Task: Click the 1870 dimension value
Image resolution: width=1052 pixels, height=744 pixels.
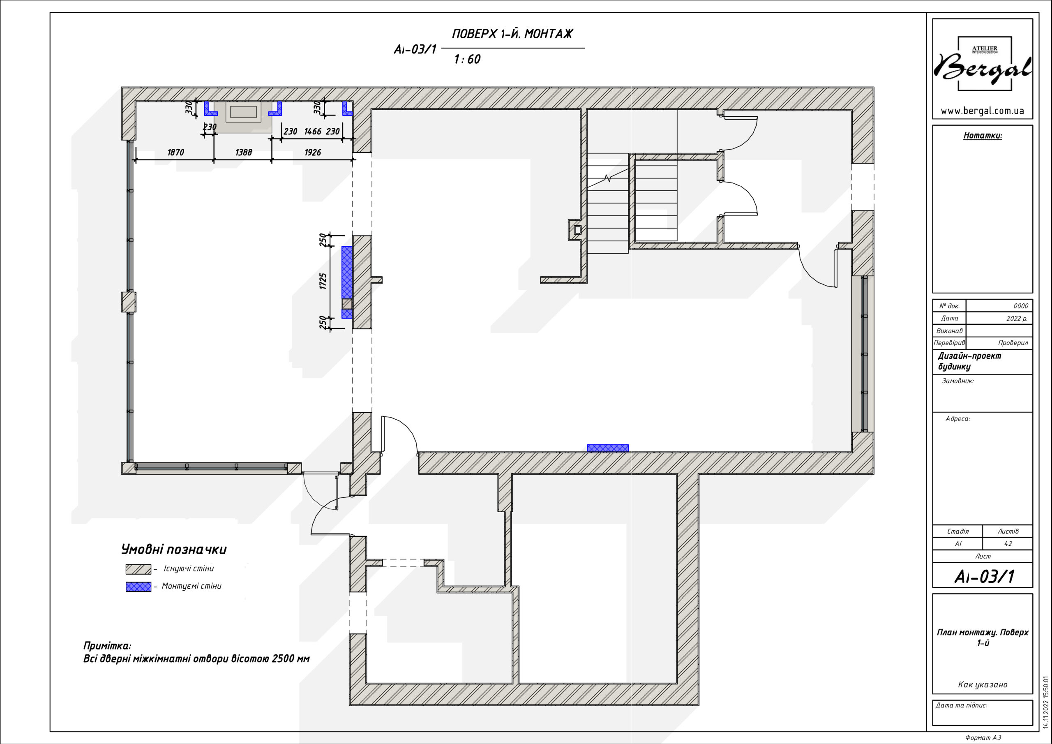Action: point(175,152)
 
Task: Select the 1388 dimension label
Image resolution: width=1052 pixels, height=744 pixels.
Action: point(243,152)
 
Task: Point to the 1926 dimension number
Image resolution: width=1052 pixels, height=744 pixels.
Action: point(312,152)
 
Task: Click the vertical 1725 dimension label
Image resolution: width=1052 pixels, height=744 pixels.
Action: point(323,281)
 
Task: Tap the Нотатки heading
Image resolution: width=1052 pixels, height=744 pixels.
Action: point(983,135)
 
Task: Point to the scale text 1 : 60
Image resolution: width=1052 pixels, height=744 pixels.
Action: point(467,59)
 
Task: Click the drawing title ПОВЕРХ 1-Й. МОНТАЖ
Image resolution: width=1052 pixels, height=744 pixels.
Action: point(512,34)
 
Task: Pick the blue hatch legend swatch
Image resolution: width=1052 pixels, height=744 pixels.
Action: point(138,587)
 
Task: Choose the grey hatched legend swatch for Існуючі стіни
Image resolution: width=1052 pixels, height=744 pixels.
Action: point(138,569)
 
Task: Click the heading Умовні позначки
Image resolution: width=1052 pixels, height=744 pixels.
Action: point(174,550)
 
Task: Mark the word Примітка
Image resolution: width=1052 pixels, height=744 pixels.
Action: point(107,646)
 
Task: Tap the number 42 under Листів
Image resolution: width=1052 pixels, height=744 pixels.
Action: point(1008,544)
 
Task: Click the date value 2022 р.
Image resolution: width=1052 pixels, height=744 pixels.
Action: point(1017,318)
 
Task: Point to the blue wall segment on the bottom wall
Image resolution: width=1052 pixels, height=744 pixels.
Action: point(607,448)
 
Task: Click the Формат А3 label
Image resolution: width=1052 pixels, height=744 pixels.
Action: point(983,737)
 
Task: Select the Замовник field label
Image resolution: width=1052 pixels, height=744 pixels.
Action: point(957,381)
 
